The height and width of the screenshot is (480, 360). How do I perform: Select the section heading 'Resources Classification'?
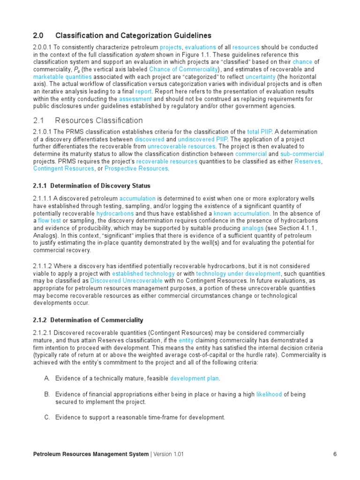(x=99, y=120)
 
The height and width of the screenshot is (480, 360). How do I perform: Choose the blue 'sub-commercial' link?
(x=302, y=154)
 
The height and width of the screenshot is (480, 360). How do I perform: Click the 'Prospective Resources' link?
(x=136, y=169)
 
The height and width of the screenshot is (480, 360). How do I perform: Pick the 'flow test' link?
(x=49, y=220)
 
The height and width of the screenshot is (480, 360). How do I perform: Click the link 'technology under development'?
(x=238, y=273)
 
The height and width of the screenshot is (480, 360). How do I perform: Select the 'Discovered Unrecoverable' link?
(x=126, y=281)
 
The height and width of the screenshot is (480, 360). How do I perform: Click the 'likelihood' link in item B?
(x=269, y=394)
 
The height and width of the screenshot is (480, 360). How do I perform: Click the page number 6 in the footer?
(x=335, y=454)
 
